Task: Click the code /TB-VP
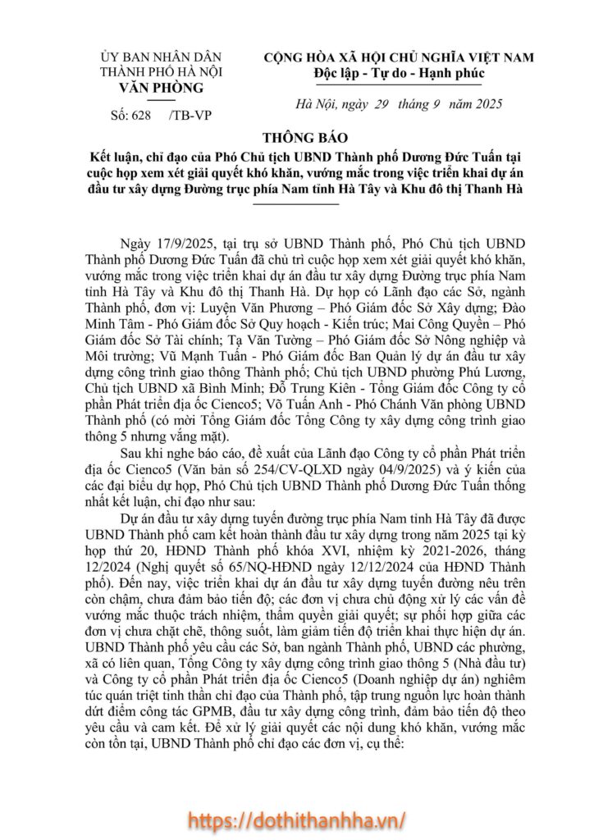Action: (188, 115)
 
